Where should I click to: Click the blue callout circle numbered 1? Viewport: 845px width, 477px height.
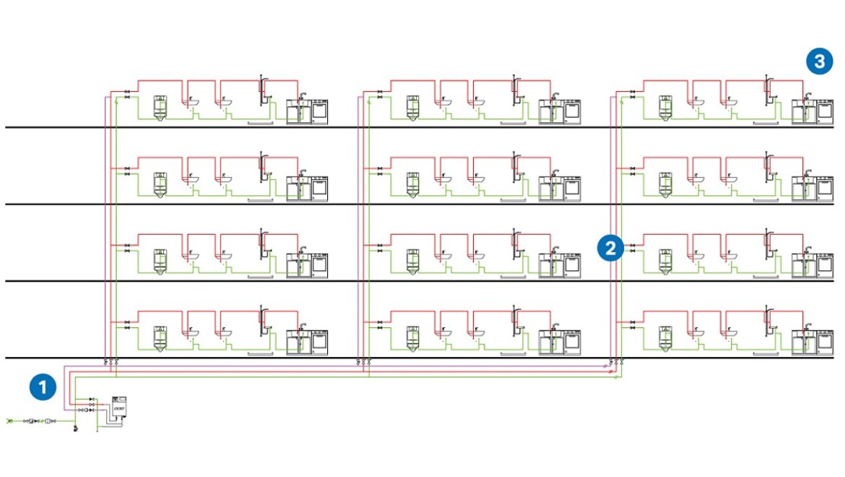point(43,387)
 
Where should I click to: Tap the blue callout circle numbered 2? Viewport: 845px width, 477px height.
point(611,249)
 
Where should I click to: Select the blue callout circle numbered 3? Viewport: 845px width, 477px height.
point(819,62)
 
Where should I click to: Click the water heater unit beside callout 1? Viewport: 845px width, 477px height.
point(120,409)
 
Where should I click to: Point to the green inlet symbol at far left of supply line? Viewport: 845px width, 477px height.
point(9,421)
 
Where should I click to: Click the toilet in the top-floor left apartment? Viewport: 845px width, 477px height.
point(161,108)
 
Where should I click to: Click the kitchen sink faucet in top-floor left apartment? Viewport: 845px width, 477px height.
point(303,97)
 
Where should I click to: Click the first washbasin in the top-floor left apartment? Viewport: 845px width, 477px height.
point(194,103)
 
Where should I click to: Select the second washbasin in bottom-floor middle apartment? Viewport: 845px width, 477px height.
point(479,333)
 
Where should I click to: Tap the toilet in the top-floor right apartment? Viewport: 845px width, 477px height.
point(666,108)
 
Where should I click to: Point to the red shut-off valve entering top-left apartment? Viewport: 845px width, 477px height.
point(127,93)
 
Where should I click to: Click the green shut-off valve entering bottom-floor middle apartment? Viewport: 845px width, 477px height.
point(380,328)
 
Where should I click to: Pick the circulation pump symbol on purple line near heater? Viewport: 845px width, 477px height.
point(86,410)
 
